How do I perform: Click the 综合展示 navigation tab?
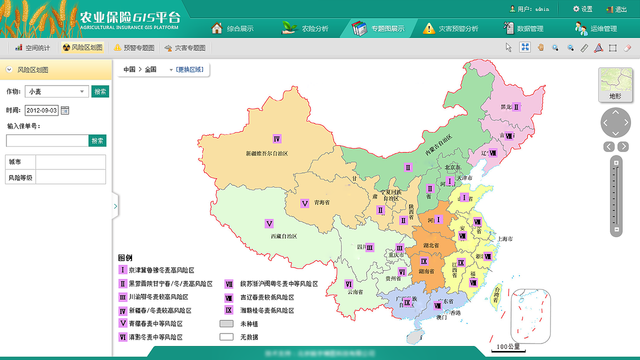232,28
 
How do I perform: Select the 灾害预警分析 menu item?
450,28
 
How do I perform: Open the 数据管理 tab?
523,28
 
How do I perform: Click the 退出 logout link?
616,9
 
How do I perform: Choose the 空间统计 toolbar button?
32,48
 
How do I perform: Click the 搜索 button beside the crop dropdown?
100,91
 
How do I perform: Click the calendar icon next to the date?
65,110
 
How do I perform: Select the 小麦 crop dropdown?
56,91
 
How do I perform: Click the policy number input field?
47,141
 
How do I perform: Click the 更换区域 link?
189,69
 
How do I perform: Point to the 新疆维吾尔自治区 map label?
267,153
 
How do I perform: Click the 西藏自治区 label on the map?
284,236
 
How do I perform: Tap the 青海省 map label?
322,203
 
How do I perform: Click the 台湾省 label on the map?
495,293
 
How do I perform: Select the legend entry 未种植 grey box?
226,323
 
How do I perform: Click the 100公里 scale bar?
508,347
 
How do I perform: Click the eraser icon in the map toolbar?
628,48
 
